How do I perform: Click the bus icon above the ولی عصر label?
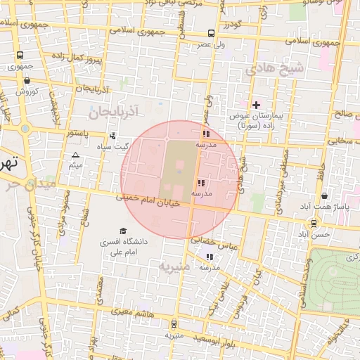coord(212,33)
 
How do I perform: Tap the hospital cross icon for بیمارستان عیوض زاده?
coord(256,105)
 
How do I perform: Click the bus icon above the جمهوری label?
coord(20,56)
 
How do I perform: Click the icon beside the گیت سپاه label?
coord(112,136)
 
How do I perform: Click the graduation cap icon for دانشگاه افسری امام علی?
coord(123,231)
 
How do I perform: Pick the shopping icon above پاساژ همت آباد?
coord(323,196)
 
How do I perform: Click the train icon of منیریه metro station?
coord(174,323)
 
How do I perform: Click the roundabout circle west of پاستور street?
coord(26,129)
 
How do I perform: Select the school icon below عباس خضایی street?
coord(208,257)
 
